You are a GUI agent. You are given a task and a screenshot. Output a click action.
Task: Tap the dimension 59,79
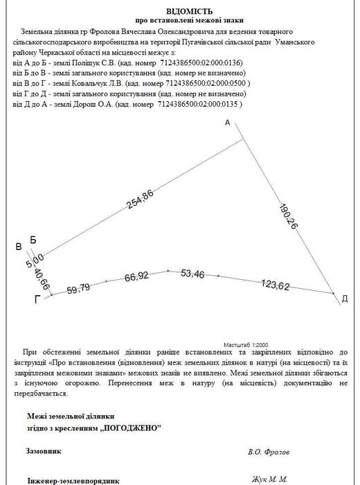78,288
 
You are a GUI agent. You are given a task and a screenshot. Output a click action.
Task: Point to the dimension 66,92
138,277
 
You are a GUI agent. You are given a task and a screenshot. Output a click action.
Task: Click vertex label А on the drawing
226,123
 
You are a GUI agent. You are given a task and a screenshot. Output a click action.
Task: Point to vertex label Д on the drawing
344,299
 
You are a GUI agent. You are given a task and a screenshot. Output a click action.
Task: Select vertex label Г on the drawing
37,299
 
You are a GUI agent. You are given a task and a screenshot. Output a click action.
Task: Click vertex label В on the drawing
19,247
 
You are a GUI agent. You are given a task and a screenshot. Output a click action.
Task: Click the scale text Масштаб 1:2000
246,344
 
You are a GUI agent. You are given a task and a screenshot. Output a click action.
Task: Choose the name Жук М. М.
266,479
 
